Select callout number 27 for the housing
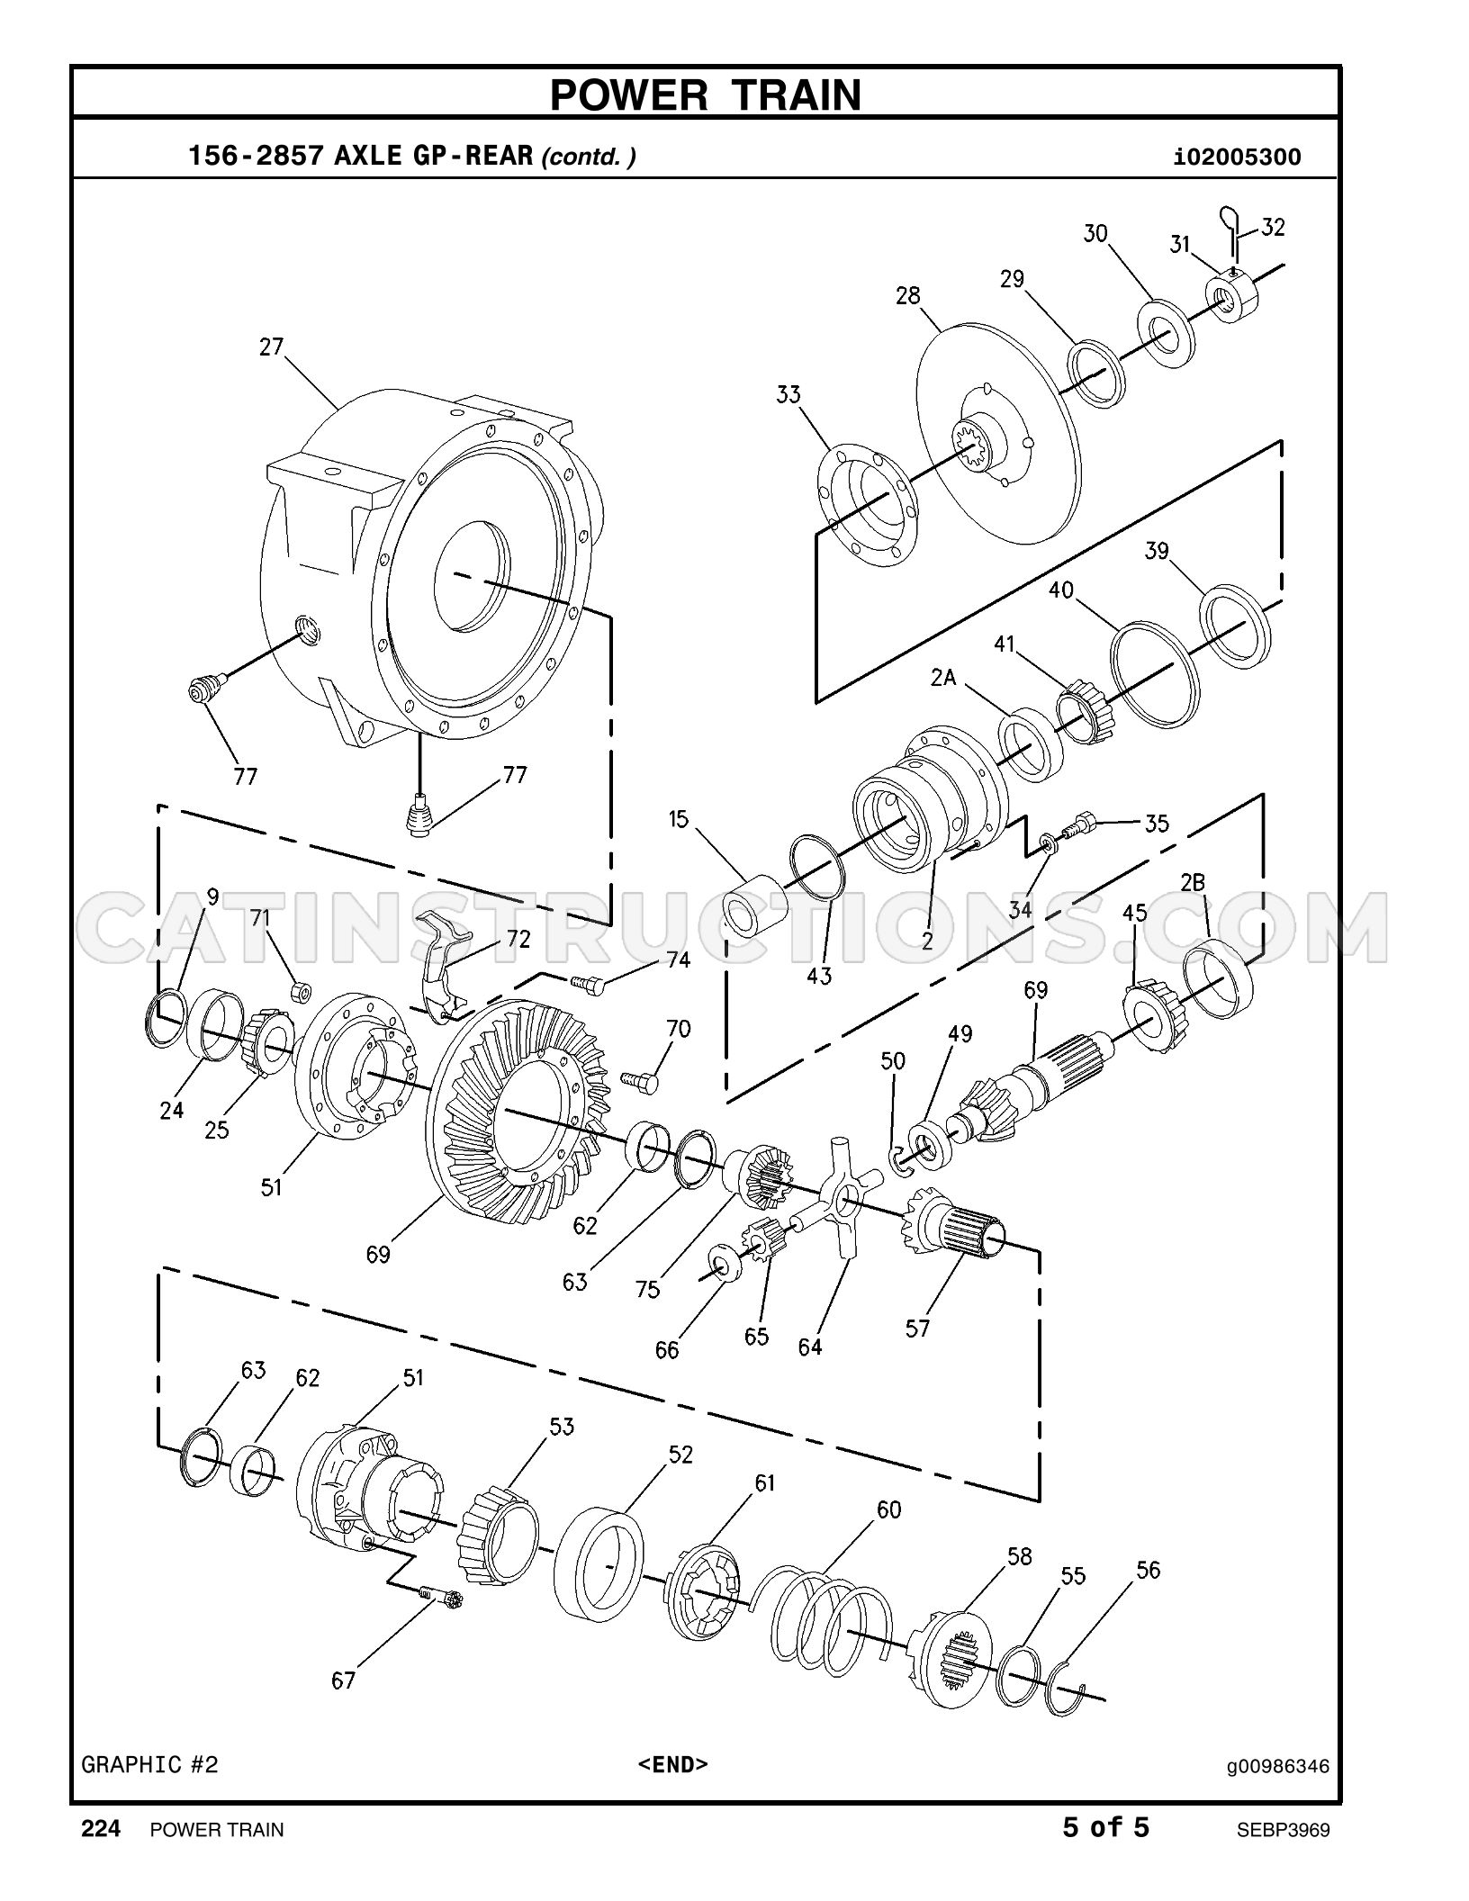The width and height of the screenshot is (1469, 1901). [x=272, y=347]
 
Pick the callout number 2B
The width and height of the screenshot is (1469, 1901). [x=1193, y=883]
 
